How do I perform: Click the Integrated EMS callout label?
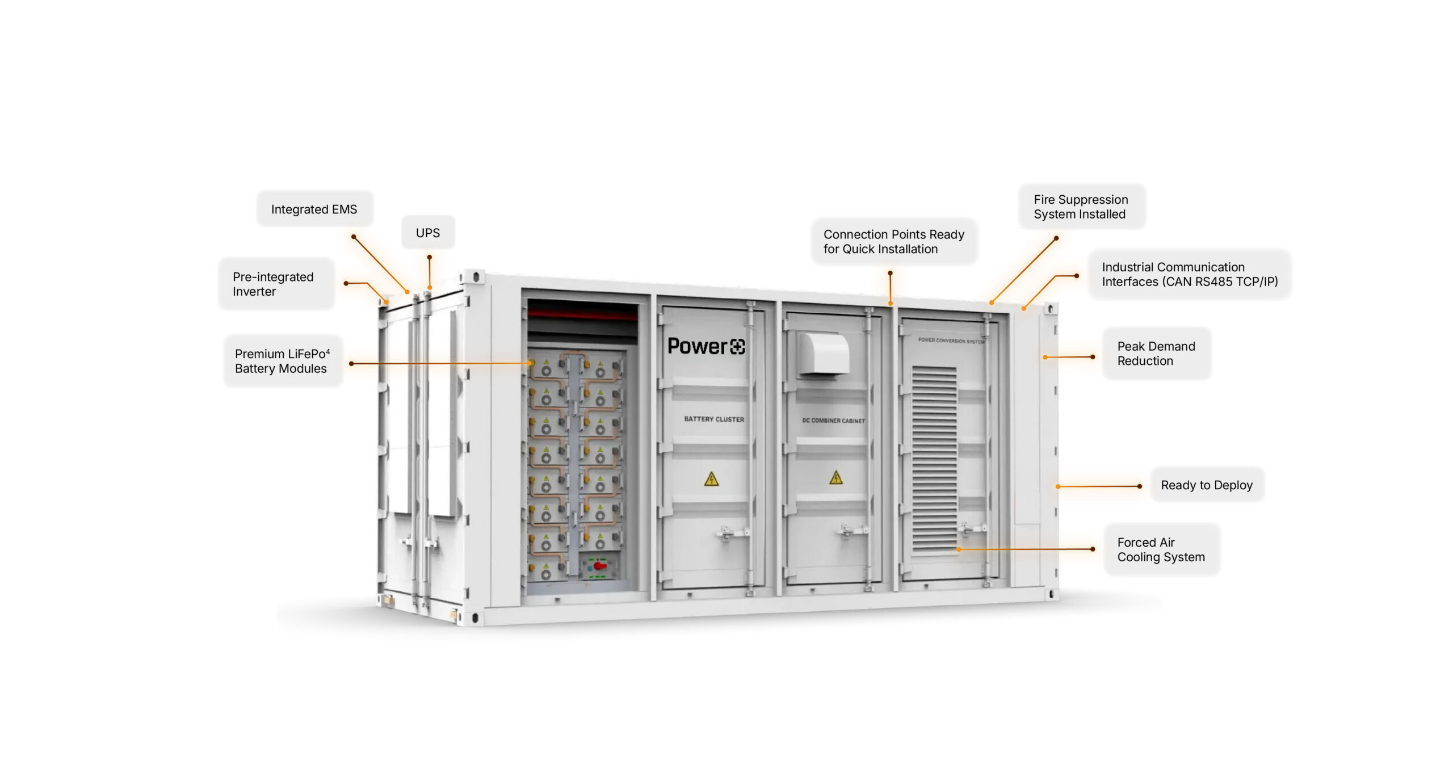pyautogui.click(x=314, y=209)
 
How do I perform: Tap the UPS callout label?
pyautogui.click(x=427, y=233)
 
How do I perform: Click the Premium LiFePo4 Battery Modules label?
pyautogui.click(x=282, y=361)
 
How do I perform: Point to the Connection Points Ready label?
pyautogui.click(x=893, y=241)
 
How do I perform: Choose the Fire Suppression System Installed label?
pyautogui.click(x=1081, y=207)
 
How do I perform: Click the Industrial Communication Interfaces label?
pyautogui.click(x=1189, y=274)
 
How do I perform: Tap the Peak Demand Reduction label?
pyautogui.click(x=1156, y=353)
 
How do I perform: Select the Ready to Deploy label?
pyautogui.click(x=1206, y=485)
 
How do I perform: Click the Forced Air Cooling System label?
pyautogui.click(x=1161, y=549)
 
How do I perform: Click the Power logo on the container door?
pyautogui.click(x=706, y=346)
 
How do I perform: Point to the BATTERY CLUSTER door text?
pyautogui.click(x=713, y=419)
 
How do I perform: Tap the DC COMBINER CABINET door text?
pyautogui.click(x=833, y=421)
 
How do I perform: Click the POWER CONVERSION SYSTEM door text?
pyautogui.click(x=951, y=341)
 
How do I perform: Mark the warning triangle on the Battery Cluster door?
pyautogui.click(x=711, y=480)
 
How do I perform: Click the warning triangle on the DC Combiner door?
pyautogui.click(x=835, y=477)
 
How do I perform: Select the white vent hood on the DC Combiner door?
pyautogui.click(x=824, y=354)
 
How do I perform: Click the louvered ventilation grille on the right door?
pyautogui.click(x=934, y=460)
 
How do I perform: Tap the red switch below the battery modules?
pyautogui.click(x=599, y=565)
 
